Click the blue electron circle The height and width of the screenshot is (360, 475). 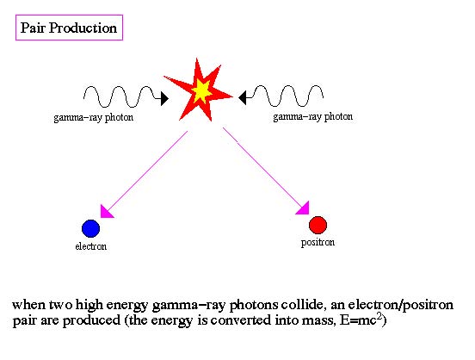tap(91, 228)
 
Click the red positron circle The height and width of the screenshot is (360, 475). tap(318, 225)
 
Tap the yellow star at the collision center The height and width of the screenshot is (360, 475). tap(201, 90)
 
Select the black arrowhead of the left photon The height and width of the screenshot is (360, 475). tap(164, 98)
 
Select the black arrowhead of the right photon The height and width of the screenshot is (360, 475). tap(243, 97)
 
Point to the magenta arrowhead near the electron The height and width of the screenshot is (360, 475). tap(106, 212)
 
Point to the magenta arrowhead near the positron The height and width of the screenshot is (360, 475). tap(303, 208)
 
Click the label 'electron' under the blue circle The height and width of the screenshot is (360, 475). tap(91, 246)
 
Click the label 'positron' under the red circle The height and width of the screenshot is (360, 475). tap(318, 243)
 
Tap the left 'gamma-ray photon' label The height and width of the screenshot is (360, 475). tap(93, 118)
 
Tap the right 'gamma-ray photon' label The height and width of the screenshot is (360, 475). tap(313, 117)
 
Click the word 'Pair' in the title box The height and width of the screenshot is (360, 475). tap(33, 28)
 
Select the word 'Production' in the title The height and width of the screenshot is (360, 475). tap(83, 28)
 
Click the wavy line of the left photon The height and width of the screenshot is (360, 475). tap(122, 97)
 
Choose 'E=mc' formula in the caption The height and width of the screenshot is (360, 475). tap(358, 320)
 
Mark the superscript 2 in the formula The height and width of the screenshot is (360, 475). tap(379, 316)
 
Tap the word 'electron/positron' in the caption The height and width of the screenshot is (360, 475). tap(401, 305)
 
